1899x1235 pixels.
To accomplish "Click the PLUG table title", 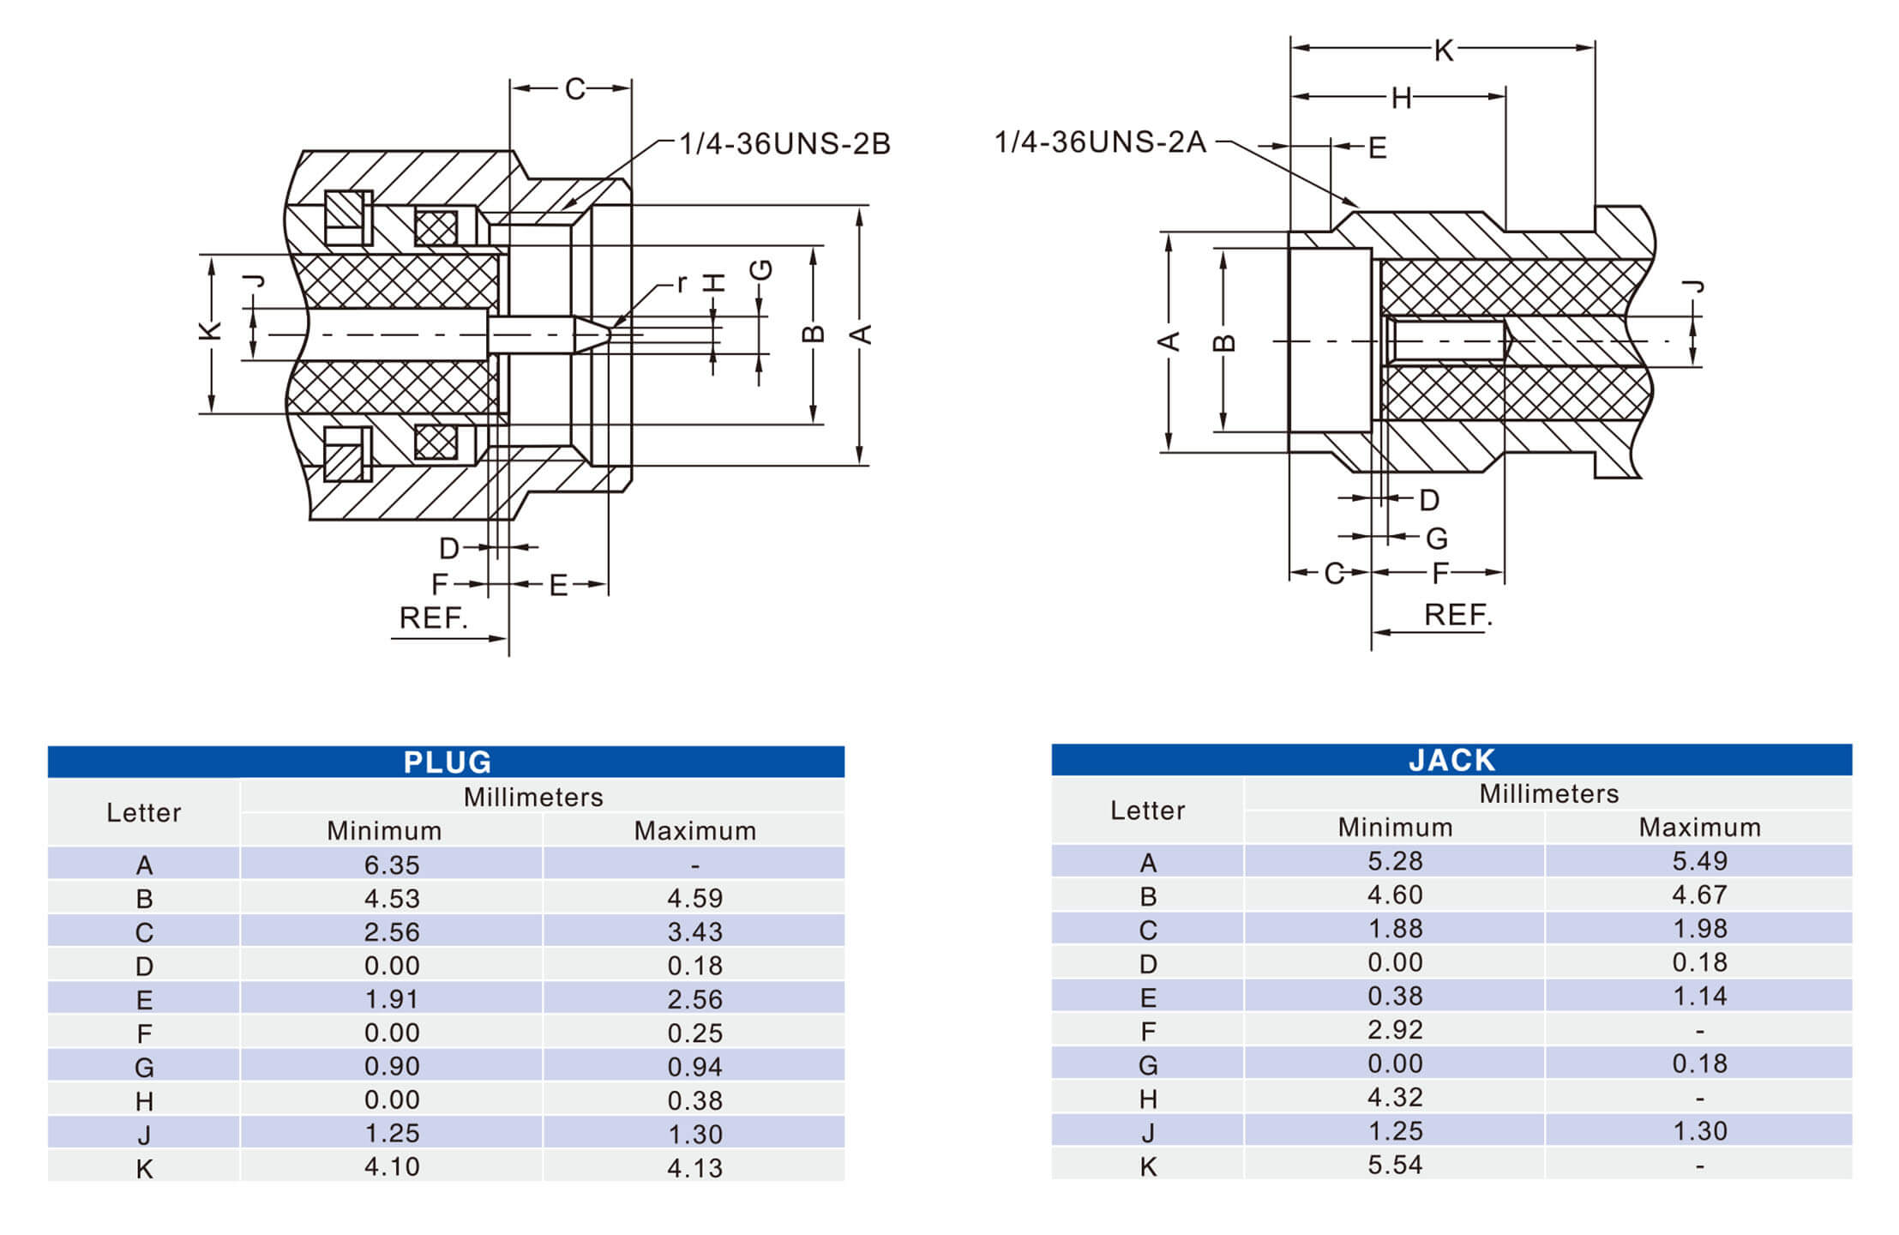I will pyautogui.click(x=447, y=762).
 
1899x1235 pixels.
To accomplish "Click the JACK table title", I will pyautogui.click(x=1451, y=760).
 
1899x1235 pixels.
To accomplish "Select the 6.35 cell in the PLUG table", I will pyautogui.click(x=391, y=864).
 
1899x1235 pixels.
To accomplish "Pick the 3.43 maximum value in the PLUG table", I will pyautogui.click(x=694, y=931).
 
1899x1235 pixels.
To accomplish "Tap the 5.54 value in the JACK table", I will pyautogui.click(x=1394, y=1165).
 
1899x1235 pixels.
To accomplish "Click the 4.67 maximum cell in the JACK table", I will pyautogui.click(x=1698, y=895).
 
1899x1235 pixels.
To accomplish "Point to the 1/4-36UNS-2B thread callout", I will pyautogui.click(x=784, y=144).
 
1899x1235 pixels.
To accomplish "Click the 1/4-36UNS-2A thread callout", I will pyautogui.click(x=1100, y=142).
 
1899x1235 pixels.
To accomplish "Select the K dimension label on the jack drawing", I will pyautogui.click(x=1443, y=51).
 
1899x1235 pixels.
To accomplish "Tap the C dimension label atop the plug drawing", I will pyautogui.click(x=574, y=89).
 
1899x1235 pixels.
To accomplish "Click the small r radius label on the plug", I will pyautogui.click(x=682, y=283).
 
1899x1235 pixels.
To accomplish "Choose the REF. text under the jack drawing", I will pyautogui.click(x=1457, y=615).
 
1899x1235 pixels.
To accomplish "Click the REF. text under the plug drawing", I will pyautogui.click(x=434, y=617).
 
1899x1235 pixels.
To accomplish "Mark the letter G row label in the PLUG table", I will pyautogui.click(x=144, y=1067).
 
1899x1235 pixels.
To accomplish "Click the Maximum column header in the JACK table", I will pyautogui.click(x=1698, y=827).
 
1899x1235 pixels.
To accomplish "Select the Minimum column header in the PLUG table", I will pyautogui.click(x=384, y=830).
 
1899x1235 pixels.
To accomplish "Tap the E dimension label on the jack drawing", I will pyautogui.click(x=1377, y=148).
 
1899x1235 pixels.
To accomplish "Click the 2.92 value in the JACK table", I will pyautogui.click(x=1394, y=1029).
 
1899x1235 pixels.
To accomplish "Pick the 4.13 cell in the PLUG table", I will pyautogui.click(x=694, y=1167).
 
